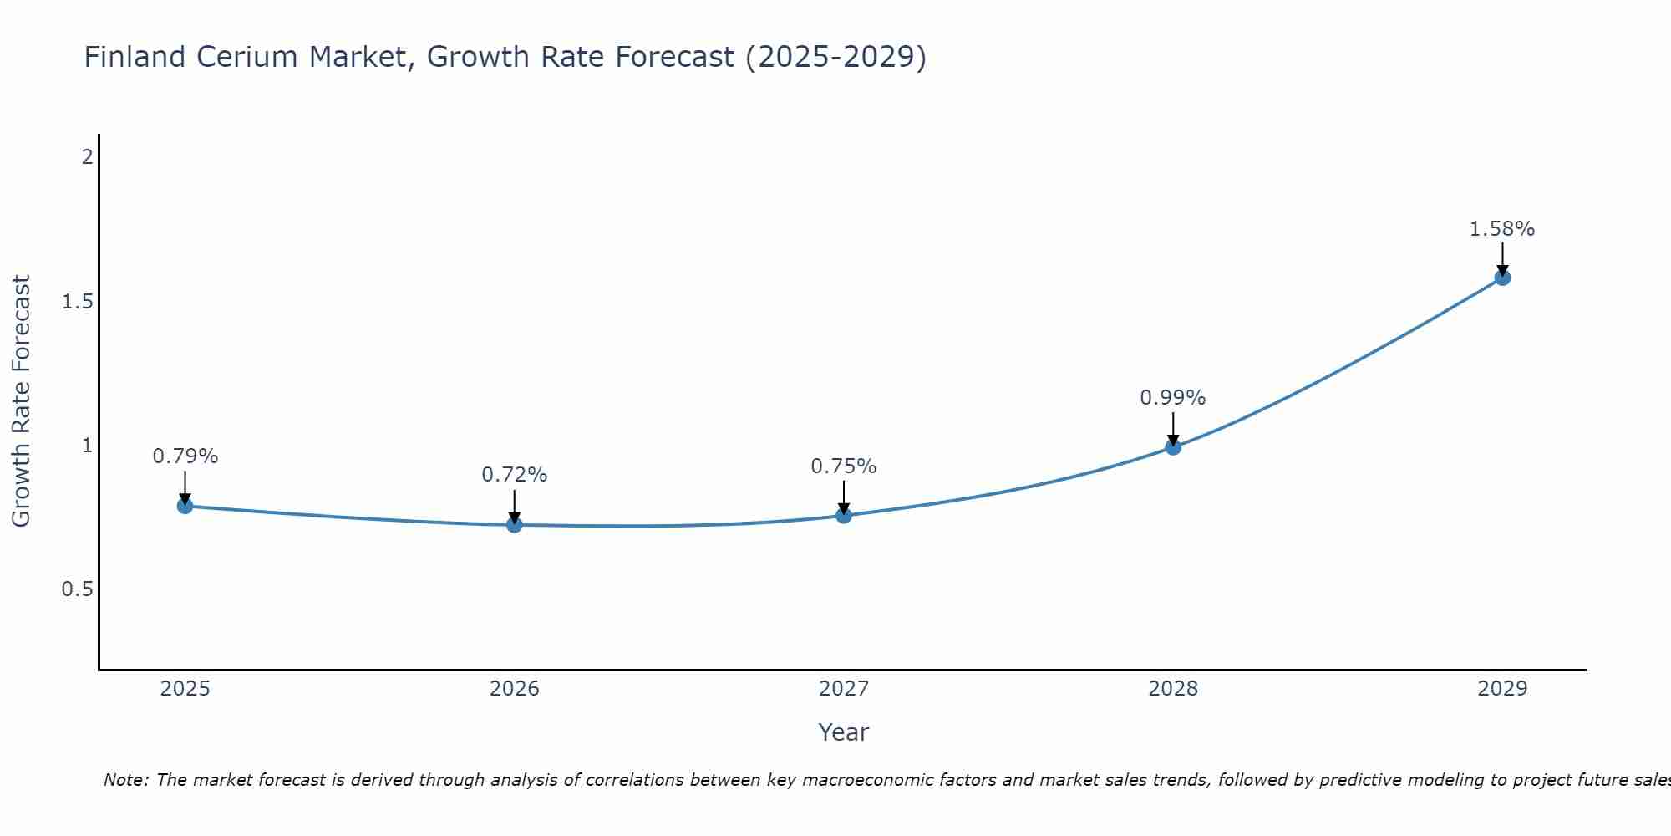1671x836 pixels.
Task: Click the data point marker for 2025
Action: pyautogui.click(x=185, y=506)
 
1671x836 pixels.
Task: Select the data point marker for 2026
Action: pyautogui.click(x=515, y=525)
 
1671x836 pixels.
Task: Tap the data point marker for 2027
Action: pyautogui.click(x=844, y=516)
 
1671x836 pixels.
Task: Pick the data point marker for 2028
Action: pyautogui.click(x=1173, y=447)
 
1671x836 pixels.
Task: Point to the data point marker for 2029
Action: pyautogui.click(x=1502, y=278)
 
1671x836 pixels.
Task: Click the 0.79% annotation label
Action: pyautogui.click(x=185, y=456)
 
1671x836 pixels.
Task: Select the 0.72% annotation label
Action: pyautogui.click(x=515, y=475)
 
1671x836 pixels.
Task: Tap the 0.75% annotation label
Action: pyautogui.click(x=844, y=466)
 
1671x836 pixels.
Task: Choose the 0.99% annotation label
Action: pyautogui.click(x=1173, y=398)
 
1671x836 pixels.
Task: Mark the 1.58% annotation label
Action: pyautogui.click(x=1502, y=229)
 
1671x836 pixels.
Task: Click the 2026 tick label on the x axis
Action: pyautogui.click(x=515, y=689)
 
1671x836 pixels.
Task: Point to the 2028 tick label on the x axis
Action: pyautogui.click(x=1173, y=689)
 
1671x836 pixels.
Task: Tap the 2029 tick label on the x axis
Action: pyautogui.click(x=1502, y=689)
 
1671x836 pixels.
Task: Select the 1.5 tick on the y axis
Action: pyautogui.click(x=77, y=302)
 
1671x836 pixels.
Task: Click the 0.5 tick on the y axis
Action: pyautogui.click(x=77, y=589)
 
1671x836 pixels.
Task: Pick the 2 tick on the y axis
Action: pyautogui.click(x=87, y=157)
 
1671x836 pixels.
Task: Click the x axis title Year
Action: pyautogui.click(x=844, y=732)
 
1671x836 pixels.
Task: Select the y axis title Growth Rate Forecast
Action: pyautogui.click(x=22, y=401)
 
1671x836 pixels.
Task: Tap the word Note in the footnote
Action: pyautogui.click(x=124, y=780)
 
